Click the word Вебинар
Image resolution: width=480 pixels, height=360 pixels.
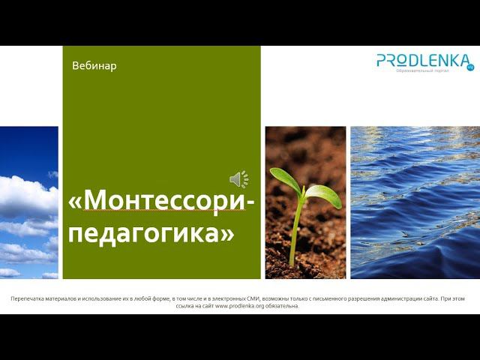click(94, 66)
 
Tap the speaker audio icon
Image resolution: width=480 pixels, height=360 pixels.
click(238, 178)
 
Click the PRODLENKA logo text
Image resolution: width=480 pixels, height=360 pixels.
click(423, 60)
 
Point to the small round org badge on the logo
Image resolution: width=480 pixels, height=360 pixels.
click(470, 67)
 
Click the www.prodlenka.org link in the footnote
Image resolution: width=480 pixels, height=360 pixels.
click(237, 306)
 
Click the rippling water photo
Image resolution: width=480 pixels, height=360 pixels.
click(415, 202)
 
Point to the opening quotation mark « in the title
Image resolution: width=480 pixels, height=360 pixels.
click(75, 202)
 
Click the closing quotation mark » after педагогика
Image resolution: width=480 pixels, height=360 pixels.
click(227, 234)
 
